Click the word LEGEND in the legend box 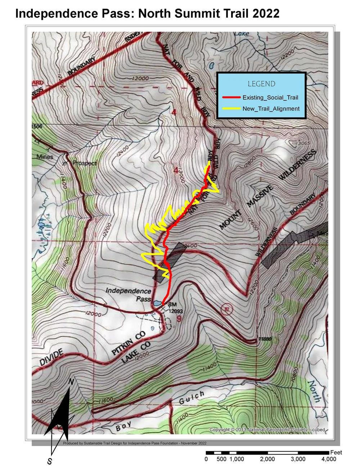[x=261, y=84]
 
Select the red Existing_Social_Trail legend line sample [x=231, y=97]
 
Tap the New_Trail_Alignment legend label [x=271, y=109]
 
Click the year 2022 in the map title [x=265, y=13]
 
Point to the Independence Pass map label [x=128, y=295]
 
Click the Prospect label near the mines [x=84, y=163]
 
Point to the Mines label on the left [x=45, y=157]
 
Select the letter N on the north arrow [x=71, y=382]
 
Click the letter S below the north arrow [x=50, y=461]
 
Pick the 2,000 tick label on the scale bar [x=267, y=459]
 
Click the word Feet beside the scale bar [x=336, y=452]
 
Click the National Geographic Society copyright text [x=267, y=430]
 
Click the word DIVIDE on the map [x=51, y=357]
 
